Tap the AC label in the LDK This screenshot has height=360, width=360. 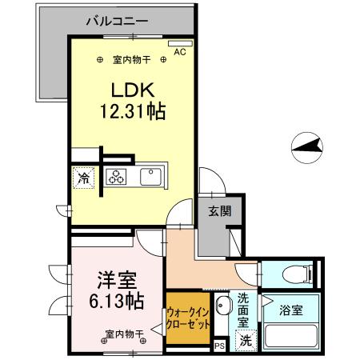179,52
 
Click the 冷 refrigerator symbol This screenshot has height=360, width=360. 84,178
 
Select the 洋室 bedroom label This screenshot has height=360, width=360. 117,280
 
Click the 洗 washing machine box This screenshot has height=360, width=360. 246,338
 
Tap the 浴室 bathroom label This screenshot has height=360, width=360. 291,310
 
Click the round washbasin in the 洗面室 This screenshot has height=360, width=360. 223,304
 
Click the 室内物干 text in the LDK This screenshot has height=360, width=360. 131,59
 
